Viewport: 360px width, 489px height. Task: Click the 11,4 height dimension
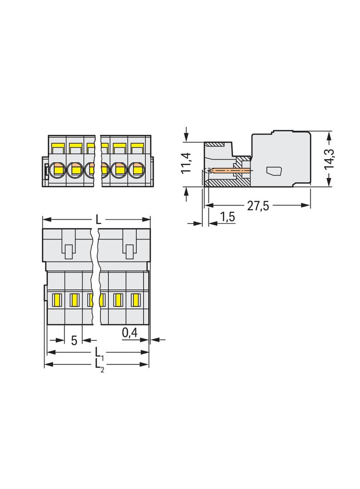186,163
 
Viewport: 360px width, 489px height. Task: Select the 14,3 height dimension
329,159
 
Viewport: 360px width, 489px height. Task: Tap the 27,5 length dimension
258,206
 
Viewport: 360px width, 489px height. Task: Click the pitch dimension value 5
73,340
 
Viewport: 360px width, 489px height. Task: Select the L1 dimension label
99,353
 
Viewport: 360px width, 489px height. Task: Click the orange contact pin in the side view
232,171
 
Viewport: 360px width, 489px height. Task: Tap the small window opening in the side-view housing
274,171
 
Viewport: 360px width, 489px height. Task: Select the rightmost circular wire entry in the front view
136,170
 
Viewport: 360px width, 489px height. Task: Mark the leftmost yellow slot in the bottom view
58,300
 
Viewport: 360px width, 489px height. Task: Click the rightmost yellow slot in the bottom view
135,300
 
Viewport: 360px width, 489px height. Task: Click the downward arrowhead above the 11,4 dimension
186,137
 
